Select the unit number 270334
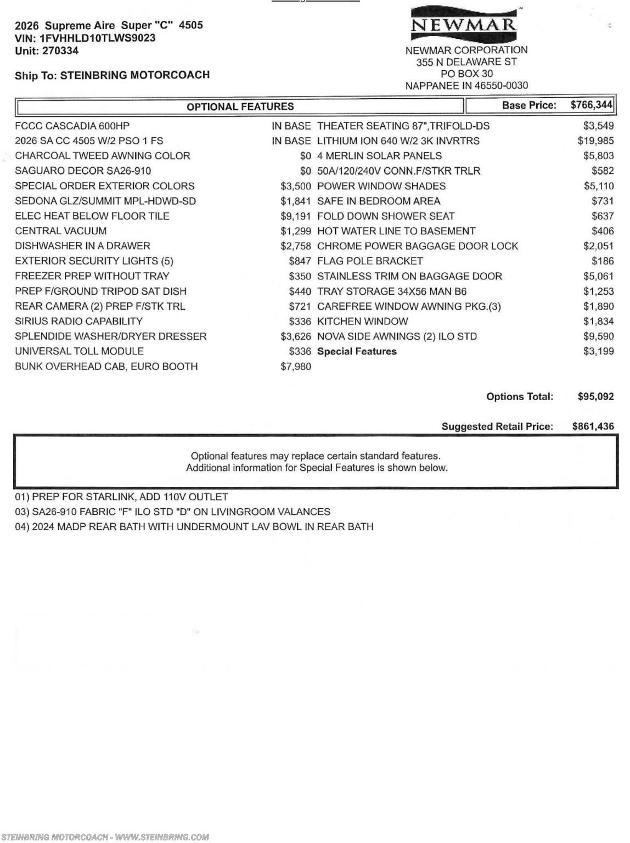(x=60, y=50)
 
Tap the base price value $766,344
(x=591, y=105)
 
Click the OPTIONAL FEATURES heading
(x=240, y=106)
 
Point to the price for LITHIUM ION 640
(x=595, y=141)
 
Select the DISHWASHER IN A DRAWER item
(x=82, y=246)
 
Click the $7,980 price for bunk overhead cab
(x=296, y=366)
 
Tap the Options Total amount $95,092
(x=595, y=396)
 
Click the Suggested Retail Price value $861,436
(x=593, y=426)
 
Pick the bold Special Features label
(x=357, y=351)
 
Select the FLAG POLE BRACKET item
(x=370, y=261)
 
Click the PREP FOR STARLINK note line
(x=121, y=497)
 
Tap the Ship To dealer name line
(x=112, y=75)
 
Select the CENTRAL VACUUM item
(x=61, y=231)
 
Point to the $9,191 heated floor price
(x=296, y=216)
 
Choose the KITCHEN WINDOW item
(x=362, y=321)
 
